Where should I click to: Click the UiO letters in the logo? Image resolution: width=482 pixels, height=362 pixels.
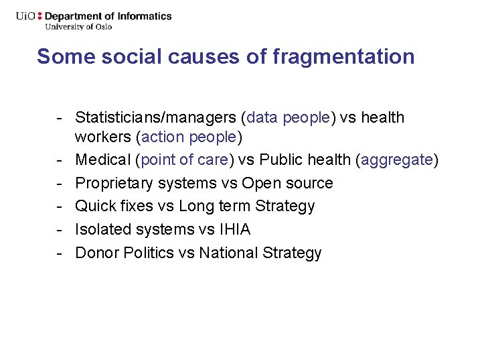[26, 16]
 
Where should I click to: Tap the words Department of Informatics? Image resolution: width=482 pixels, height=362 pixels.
[108, 16]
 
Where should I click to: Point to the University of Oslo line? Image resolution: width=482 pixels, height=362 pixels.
[78, 27]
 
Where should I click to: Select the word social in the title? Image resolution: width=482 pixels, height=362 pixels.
[123, 57]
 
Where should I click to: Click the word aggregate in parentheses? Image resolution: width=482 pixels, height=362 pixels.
[397, 160]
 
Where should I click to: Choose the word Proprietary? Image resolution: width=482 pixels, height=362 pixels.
[114, 183]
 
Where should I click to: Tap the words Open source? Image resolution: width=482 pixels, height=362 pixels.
[287, 183]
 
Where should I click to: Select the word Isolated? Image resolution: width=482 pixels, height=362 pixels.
[103, 229]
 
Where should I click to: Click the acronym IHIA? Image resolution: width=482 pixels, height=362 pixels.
[234, 229]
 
